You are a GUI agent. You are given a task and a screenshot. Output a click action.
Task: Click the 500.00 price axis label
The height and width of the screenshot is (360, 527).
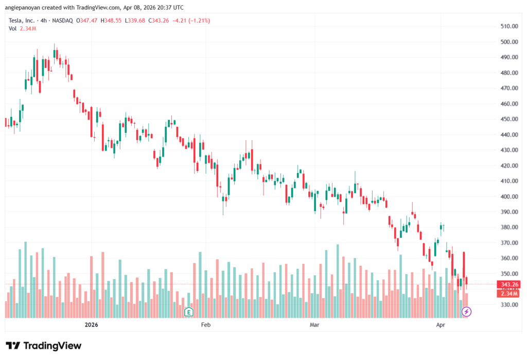pyautogui.click(x=508, y=42)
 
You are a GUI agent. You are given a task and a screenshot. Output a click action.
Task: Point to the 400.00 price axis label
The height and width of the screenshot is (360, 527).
pyautogui.click(x=508, y=196)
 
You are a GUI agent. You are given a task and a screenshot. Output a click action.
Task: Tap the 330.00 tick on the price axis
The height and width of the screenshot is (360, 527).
pyautogui.click(x=508, y=304)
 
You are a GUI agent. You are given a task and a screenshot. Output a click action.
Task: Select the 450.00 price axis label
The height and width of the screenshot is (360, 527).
pyautogui.click(x=508, y=119)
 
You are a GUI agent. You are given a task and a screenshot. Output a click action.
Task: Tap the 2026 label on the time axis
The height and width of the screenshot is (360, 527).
pyautogui.click(x=91, y=325)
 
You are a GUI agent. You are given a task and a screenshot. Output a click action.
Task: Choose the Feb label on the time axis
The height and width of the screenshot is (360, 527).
pyautogui.click(x=206, y=325)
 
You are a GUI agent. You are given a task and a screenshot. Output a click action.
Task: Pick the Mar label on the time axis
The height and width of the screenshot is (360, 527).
pyautogui.click(x=315, y=325)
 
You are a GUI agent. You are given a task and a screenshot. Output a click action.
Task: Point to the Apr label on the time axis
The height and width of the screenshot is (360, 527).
pyautogui.click(x=441, y=325)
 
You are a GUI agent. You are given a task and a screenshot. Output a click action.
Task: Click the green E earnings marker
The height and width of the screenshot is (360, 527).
pyautogui.click(x=189, y=312)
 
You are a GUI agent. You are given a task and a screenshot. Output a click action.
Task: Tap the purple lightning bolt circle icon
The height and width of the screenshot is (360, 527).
pyautogui.click(x=466, y=312)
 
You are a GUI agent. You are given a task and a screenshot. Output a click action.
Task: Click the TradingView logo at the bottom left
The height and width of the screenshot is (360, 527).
pyautogui.click(x=43, y=346)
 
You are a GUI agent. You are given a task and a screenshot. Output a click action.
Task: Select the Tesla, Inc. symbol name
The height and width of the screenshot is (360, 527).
pyautogui.click(x=23, y=21)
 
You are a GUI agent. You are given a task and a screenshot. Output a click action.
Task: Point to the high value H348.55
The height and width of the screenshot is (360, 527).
pyautogui.click(x=111, y=21)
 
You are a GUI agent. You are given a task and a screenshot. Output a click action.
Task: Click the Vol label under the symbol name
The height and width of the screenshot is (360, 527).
pyautogui.click(x=13, y=28)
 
